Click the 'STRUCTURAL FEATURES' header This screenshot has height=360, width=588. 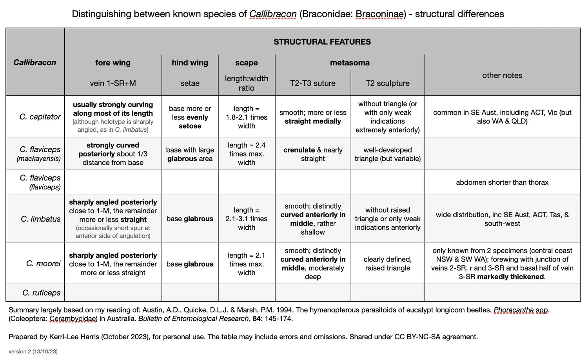pyautogui.click(x=322, y=42)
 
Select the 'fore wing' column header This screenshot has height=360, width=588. pyautogui.click(x=113, y=63)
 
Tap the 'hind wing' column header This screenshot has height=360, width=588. pyautogui.click(x=190, y=63)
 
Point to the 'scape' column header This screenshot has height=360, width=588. pyautogui.click(x=247, y=63)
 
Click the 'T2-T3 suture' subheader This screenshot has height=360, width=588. pyautogui.click(x=313, y=83)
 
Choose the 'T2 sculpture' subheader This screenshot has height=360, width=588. pyautogui.click(x=387, y=83)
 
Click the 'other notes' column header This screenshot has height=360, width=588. pyautogui.click(x=502, y=75)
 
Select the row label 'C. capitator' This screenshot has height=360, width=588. pyautogui.click(x=40, y=117)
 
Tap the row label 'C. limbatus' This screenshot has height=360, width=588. pyautogui.click(x=40, y=219)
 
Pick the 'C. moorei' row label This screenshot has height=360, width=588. pyautogui.click(x=43, y=264)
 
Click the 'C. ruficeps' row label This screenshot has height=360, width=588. pyautogui.click(x=41, y=293)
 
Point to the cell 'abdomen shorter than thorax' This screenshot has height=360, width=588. pyautogui.click(x=502, y=182)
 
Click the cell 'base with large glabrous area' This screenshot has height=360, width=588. pyautogui.click(x=190, y=154)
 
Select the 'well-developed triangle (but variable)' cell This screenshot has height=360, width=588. pyautogui.click(x=387, y=154)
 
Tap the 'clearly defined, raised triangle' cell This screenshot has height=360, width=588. pyautogui.click(x=387, y=264)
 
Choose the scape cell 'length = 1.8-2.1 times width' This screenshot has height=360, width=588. pyautogui.click(x=247, y=117)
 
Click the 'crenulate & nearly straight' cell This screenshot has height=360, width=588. pyautogui.click(x=313, y=154)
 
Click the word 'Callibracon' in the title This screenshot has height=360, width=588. pyautogui.click(x=273, y=14)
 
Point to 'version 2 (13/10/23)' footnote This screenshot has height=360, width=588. pyautogui.click(x=33, y=351)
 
